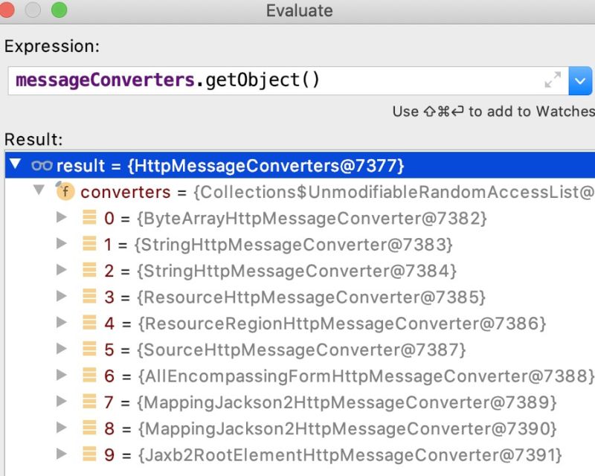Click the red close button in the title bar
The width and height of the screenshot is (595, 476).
[7, 10]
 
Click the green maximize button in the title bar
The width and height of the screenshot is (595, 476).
[58, 10]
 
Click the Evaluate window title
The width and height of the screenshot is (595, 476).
[299, 11]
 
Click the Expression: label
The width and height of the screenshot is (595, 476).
[51, 46]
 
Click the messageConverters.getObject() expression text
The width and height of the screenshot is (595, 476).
[167, 80]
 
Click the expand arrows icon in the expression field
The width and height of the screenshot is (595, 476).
[553, 80]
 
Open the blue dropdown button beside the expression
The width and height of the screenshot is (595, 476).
[580, 80]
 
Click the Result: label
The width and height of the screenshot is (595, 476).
[33, 139]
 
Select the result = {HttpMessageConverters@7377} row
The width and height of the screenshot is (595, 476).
[231, 165]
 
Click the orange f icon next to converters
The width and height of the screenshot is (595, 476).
[66, 192]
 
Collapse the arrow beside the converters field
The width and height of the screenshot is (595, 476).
[39, 191]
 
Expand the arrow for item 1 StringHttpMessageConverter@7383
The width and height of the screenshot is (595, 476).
[62, 243]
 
